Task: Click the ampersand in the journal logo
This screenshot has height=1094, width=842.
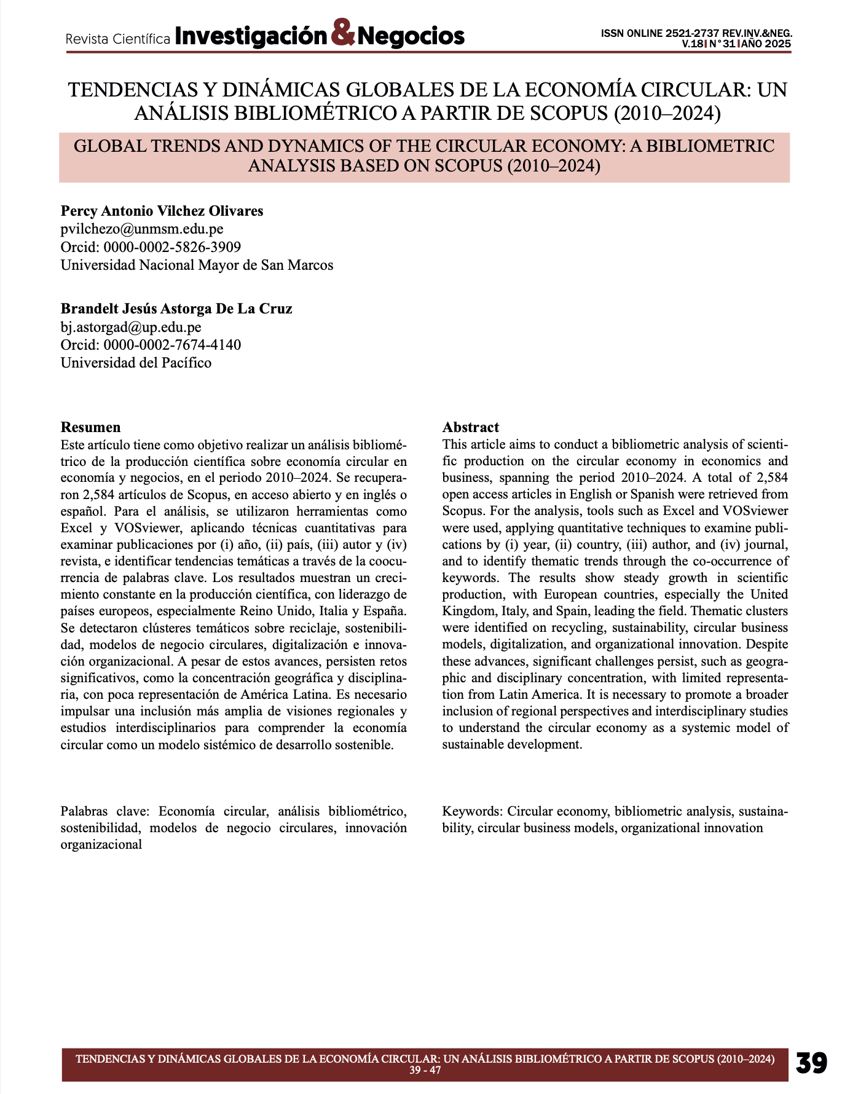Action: [343, 34]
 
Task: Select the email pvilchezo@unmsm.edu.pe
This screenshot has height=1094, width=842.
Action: [142, 229]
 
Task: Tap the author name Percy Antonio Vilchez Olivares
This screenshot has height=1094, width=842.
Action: [162, 211]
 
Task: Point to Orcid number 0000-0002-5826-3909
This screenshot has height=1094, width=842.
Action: [172, 247]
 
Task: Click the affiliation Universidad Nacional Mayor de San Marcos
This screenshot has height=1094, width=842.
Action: [197, 265]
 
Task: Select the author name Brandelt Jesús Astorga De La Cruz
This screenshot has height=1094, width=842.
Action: [176, 309]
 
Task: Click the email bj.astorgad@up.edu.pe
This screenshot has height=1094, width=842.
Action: [131, 327]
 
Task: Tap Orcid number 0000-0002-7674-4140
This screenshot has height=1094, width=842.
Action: [172, 345]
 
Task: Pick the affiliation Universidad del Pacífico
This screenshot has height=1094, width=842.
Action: [136, 363]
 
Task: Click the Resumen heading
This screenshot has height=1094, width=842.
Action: [90, 427]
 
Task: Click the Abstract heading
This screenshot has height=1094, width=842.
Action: [471, 427]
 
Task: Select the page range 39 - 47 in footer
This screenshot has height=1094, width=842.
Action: [425, 1070]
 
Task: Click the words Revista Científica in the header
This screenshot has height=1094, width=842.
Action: [118, 39]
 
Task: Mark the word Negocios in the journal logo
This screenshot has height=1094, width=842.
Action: [411, 36]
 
